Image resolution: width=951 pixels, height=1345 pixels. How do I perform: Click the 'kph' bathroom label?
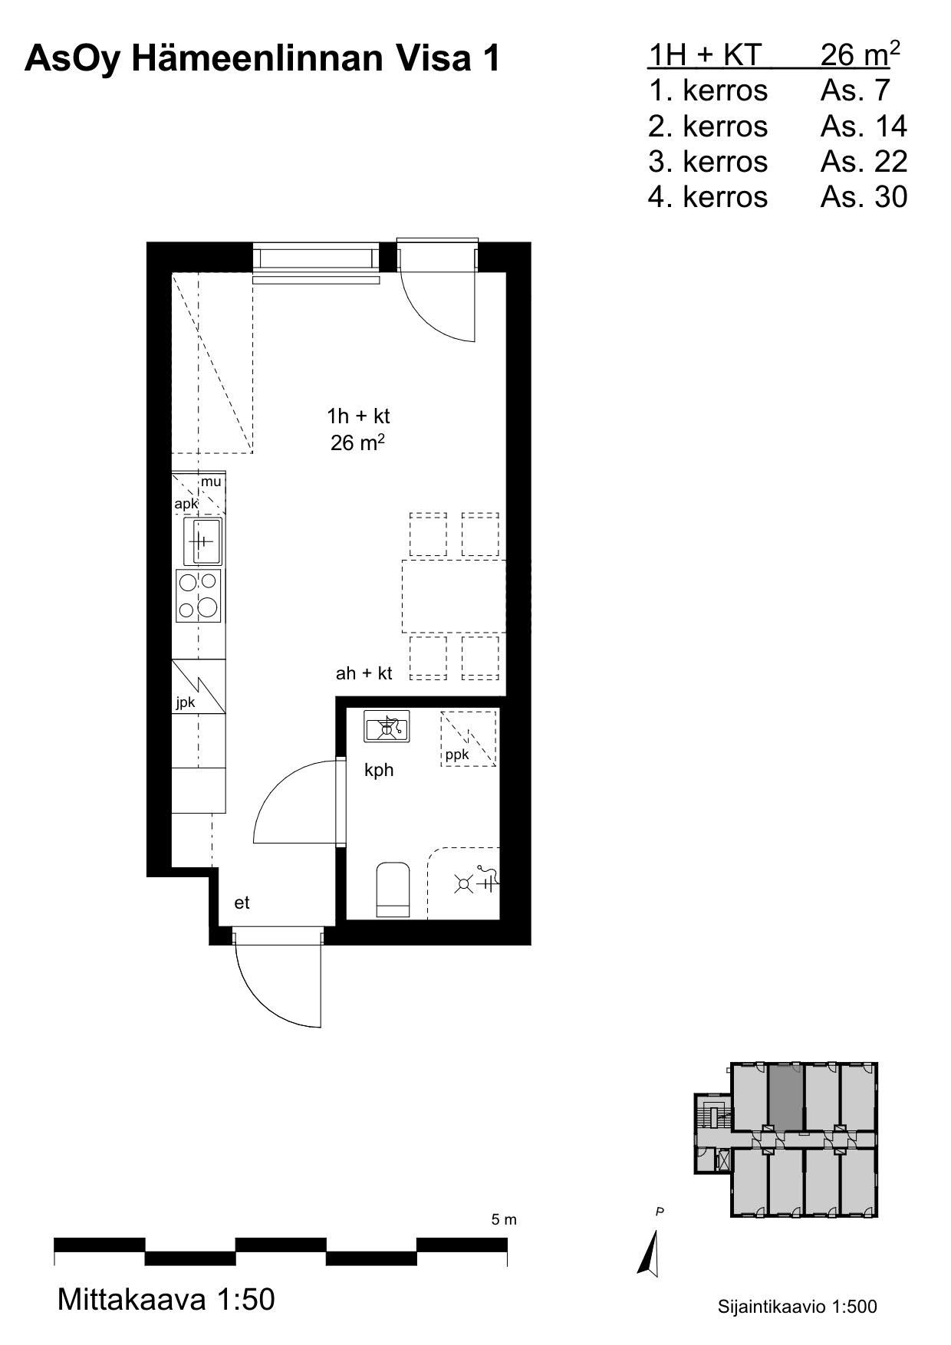(x=379, y=770)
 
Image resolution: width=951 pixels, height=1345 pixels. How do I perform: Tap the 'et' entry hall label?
(x=242, y=903)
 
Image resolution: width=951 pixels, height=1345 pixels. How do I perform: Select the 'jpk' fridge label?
(x=185, y=703)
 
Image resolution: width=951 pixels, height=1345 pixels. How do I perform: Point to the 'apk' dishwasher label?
(x=186, y=504)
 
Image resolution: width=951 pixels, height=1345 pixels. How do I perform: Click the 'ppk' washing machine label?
(x=457, y=755)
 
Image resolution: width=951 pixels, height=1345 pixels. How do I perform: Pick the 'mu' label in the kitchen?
(x=211, y=482)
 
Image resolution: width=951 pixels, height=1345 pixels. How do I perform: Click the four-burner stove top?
(x=199, y=595)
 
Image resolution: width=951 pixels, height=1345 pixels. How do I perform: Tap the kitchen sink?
(x=202, y=541)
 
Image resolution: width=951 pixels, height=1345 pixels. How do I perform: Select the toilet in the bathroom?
(x=393, y=890)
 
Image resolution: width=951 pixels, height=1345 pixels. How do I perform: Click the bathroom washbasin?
(x=387, y=726)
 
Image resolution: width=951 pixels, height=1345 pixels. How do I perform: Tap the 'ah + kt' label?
(x=364, y=673)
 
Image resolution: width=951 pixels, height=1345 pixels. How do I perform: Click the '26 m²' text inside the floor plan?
(x=357, y=442)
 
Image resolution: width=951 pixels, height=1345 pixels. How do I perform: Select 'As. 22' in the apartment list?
(x=864, y=161)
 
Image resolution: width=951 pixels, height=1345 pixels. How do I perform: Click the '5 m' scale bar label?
(x=504, y=1220)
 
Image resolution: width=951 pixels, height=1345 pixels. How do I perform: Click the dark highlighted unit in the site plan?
(x=785, y=1097)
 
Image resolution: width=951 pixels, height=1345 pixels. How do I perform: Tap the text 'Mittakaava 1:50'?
(x=166, y=1300)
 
